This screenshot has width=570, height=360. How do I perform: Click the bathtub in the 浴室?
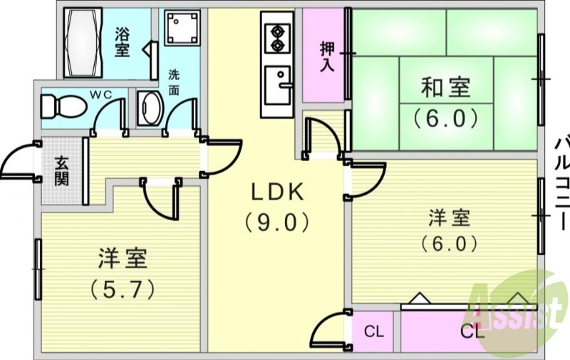(x=83, y=43)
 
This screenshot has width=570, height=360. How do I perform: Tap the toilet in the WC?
(x=63, y=106)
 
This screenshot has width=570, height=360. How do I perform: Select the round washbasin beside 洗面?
(x=150, y=108)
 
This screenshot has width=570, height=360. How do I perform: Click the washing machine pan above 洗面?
(x=182, y=28)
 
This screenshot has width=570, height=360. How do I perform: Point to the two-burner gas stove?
(x=278, y=38)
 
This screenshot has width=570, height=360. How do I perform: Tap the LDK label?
(x=278, y=192)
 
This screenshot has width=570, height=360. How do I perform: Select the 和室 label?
(x=446, y=87)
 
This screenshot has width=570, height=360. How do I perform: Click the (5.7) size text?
(x=123, y=289)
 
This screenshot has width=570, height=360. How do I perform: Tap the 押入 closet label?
(x=327, y=57)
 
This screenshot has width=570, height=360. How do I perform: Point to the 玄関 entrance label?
(x=61, y=171)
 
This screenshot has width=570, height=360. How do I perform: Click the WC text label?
(x=100, y=95)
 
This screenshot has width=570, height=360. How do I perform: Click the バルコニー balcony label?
(x=562, y=184)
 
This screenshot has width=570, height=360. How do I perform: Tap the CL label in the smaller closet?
(x=373, y=331)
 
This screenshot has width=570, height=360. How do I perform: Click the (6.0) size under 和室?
(x=446, y=118)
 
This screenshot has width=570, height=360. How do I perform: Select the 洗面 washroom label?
(x=174, y=83)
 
